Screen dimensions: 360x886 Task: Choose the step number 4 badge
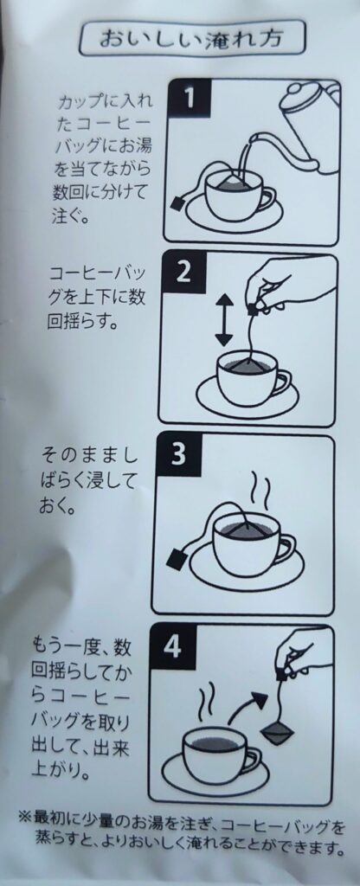[x=176, y=645]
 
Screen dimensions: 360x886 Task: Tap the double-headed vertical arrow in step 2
[x=224, y=318]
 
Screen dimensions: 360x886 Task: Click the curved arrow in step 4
[x=247, y=703]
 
